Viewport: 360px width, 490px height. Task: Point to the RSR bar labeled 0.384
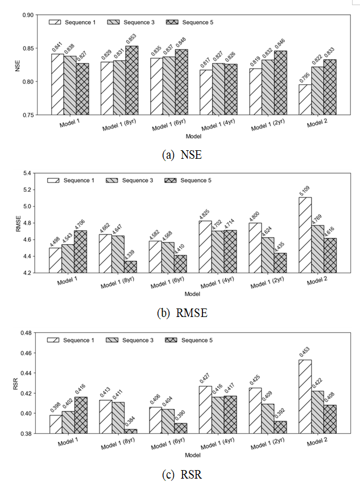pyautogui.click(x=132, y=431)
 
